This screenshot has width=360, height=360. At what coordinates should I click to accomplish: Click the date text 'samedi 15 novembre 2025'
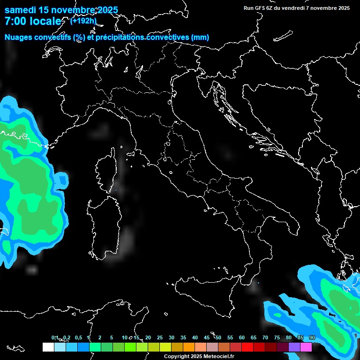pos(61,10)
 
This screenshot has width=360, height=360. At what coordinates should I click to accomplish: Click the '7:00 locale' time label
pos(33,21)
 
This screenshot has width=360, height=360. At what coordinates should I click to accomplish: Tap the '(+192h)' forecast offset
pos(83,21)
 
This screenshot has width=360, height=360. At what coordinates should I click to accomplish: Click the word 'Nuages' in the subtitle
pos(19,37)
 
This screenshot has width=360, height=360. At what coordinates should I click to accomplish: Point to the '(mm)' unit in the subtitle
pos(200,37)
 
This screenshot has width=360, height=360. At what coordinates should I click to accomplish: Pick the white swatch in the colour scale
pos(48,347)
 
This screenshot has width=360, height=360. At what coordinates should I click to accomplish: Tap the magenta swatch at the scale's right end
pos(306,347)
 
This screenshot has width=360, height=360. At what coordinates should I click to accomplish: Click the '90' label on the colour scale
pos(312,338)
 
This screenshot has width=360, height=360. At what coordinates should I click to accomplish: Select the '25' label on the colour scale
pos(159,338)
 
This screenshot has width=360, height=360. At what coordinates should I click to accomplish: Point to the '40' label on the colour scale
pos(195,338)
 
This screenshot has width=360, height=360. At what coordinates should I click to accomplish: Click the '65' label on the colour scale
pos(253,338)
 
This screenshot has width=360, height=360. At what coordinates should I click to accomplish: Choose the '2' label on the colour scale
pos(100,338)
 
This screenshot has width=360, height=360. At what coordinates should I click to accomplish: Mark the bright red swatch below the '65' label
pos(247,347)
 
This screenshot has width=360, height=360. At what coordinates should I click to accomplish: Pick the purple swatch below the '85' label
pos(294,347)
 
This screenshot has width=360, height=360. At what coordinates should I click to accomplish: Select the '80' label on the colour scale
pos(288,338)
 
